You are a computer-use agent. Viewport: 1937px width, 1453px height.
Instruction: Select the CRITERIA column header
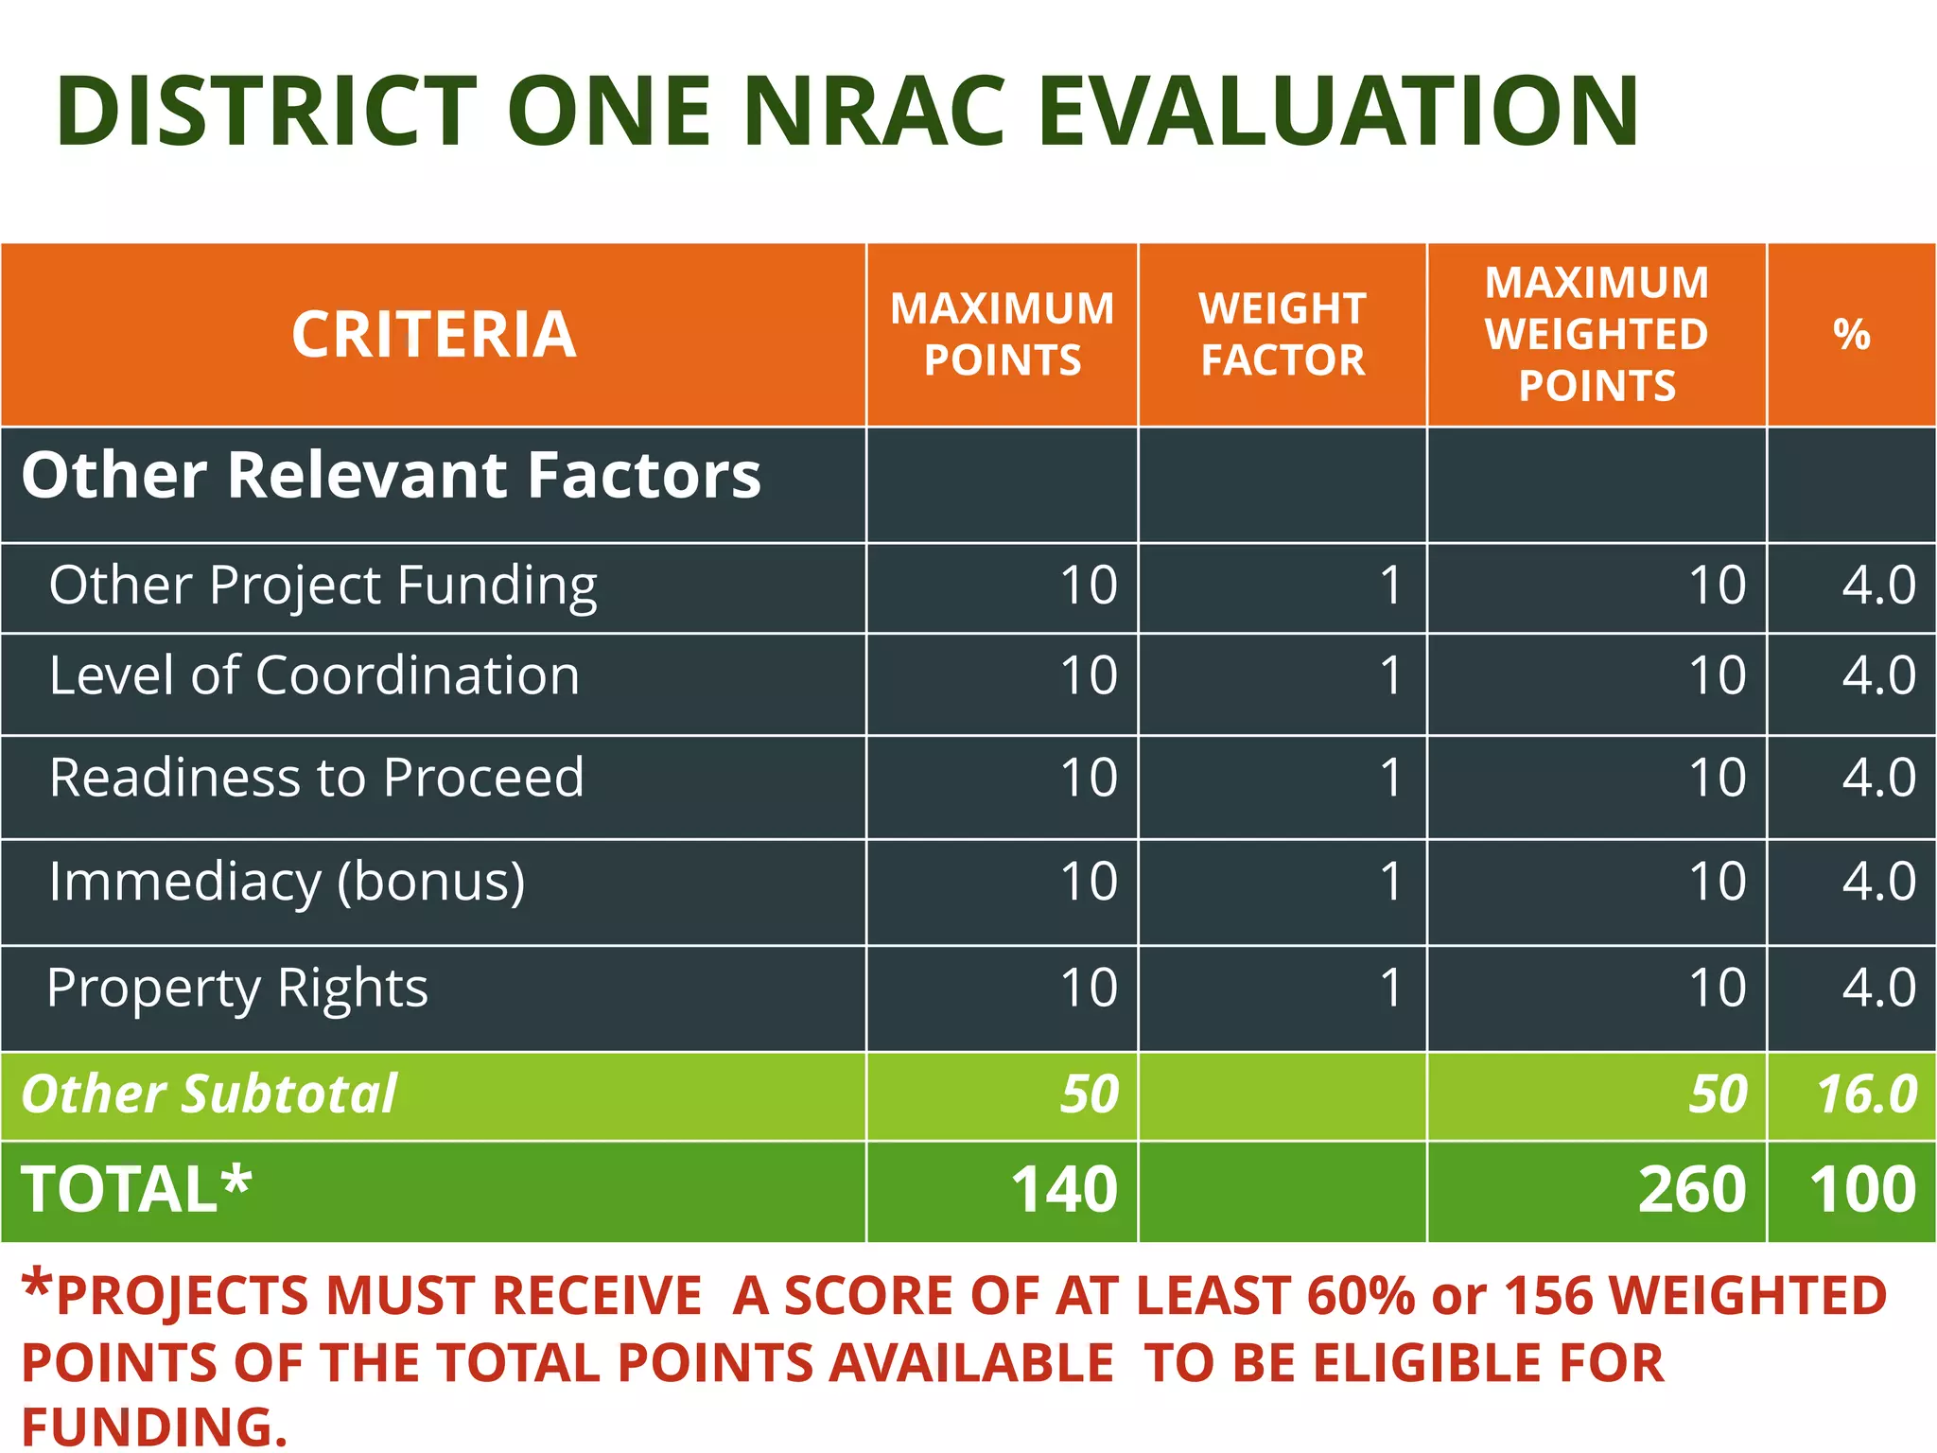tap(433, 335)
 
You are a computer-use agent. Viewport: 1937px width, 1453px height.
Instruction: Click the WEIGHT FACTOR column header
tap(1283, 335)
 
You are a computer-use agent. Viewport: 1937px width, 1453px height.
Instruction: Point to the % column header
tap(1851, 335)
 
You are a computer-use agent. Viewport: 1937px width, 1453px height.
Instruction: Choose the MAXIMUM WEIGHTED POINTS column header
tap(1597, 335)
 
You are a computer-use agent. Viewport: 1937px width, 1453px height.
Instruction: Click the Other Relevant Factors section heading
tap(391, 475)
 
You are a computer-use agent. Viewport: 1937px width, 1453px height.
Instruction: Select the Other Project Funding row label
tap(323, 586)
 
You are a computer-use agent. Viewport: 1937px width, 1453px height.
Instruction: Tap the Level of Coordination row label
tap(314, 675)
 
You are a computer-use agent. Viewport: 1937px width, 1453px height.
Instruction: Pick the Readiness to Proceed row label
tap(316, 778)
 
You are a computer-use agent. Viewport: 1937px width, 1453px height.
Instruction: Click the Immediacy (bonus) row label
tap(287, 882)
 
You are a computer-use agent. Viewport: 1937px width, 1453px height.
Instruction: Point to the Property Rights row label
tap(237, 989)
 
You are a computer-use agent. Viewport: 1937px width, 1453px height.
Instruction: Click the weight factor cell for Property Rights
tap(1389, 988)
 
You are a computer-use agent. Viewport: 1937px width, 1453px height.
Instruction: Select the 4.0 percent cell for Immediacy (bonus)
tap(1878, 882)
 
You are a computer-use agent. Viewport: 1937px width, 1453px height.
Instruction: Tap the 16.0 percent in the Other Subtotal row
tap(1867, 1094)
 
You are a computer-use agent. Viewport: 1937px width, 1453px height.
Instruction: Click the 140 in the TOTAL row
tap(1064, 1189)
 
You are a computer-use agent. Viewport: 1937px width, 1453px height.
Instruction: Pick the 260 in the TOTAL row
tap(1691, 1189)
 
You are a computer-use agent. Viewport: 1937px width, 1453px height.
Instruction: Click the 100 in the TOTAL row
tap(1862, 1189)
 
